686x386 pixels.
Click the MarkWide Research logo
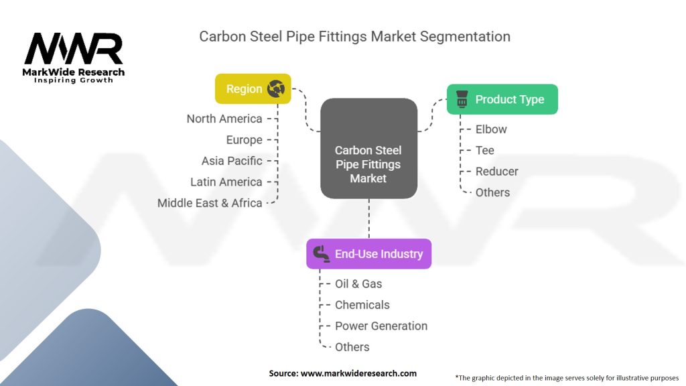(x=74, y=58)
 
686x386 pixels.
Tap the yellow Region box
(x=253, y=89)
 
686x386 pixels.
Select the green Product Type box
(x=502, y=99)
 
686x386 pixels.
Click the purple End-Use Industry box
(x=369, y=254)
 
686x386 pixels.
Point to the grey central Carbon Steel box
(x=369, y=148)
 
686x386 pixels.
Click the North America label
(x=224, y=119)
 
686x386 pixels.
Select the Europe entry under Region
(x=244, y=140)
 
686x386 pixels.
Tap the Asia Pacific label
(x=232, y=161)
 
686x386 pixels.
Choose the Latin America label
(x=226, y=182)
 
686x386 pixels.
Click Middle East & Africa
(x=210, y=203)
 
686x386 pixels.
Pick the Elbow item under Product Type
(x=491, y=129)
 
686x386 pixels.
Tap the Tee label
(x=485, y=151)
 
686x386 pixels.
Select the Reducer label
(x=497, y=172)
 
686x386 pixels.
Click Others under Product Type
(x=492, y=192)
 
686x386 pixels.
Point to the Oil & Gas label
(x=358, y=284)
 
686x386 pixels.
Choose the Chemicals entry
(x=362, y=305)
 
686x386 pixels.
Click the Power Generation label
(x=381, y=326)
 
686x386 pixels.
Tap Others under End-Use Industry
(x=352, y=347)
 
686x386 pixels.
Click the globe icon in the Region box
(x=276, y=89)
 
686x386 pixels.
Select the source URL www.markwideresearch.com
(x=359, y=373)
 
